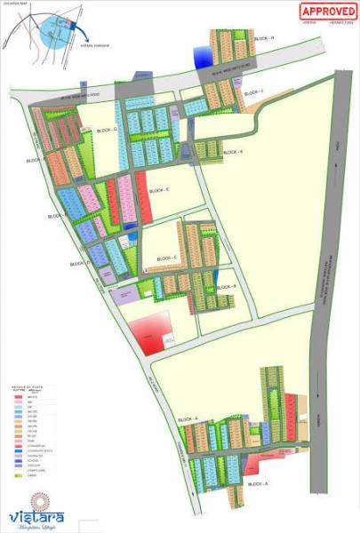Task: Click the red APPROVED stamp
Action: (x=326, y=12)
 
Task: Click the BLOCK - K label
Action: (x=234, y=152)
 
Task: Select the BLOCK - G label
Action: (x=108, y=130)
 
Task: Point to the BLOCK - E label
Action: (x=160, y=190)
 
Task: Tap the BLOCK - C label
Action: (x=167, y=258)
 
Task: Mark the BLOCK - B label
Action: (x=228, y=287)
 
